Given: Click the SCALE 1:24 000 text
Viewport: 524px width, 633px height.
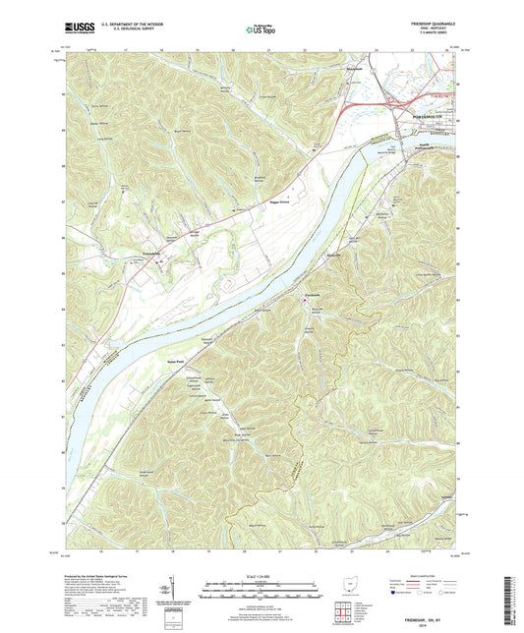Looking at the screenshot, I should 262,576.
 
